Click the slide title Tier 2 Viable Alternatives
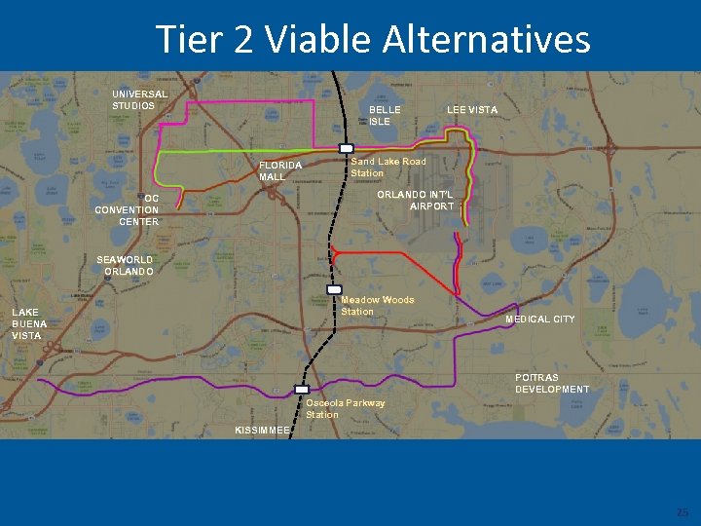pyautogui.click(x=373, y=40)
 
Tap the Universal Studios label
pyautogui.click(x=139, y=99)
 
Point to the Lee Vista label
pyautogui.click(x=472, y=110)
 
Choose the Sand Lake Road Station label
pyautogui.click(x=387, y=167)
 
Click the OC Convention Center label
pyautogui.click(x=127, y=209)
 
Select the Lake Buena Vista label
pyautogui.click(x=29, y=323)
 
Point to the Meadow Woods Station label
pyautogui.click(x=377, y=306)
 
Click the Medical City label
pyautogui.click(x=539, y=319)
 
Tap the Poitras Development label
pyautogui.click(x=551, y=383)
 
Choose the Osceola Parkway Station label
pyautogui.click(x=345, y=408)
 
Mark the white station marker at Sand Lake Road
pyautogui.click(x=345, y=149)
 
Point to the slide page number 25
pyautogui.click(x=682, y=512)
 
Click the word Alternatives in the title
pyautogui.click(x=486, y=40)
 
